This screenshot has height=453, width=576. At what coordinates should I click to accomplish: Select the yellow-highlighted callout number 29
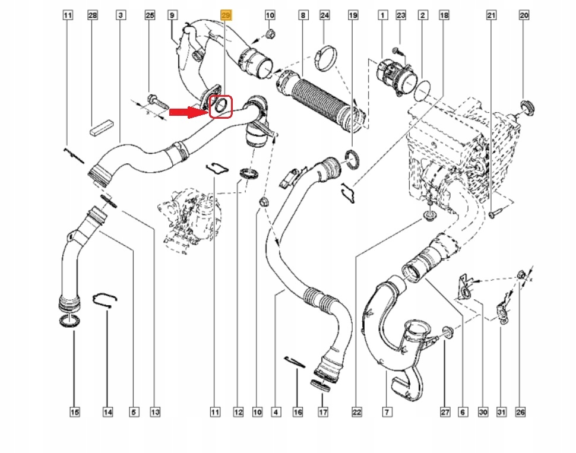(x=226, y=15)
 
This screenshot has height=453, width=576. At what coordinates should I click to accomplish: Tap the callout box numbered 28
(x=92, y=15)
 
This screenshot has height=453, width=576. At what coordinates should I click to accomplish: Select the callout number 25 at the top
(x=150, y=15)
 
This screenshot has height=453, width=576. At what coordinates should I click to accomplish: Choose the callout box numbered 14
(x=107, y=411)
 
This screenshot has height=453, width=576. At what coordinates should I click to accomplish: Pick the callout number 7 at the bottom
(x=386, y=411)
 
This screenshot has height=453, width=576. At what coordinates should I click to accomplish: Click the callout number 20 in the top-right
(x=523, y=15)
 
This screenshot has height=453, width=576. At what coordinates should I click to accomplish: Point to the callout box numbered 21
(x=490, y=15)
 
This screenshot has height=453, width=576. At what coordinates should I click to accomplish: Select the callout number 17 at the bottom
(x=323, y=411)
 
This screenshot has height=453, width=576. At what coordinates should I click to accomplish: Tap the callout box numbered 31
(x=501, y=411)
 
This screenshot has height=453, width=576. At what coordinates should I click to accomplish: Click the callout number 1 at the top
(x=383, y=15)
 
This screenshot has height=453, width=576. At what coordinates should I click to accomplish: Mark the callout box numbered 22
(x=356, y=411)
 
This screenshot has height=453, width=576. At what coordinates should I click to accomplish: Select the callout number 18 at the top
(x=444, y=15)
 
